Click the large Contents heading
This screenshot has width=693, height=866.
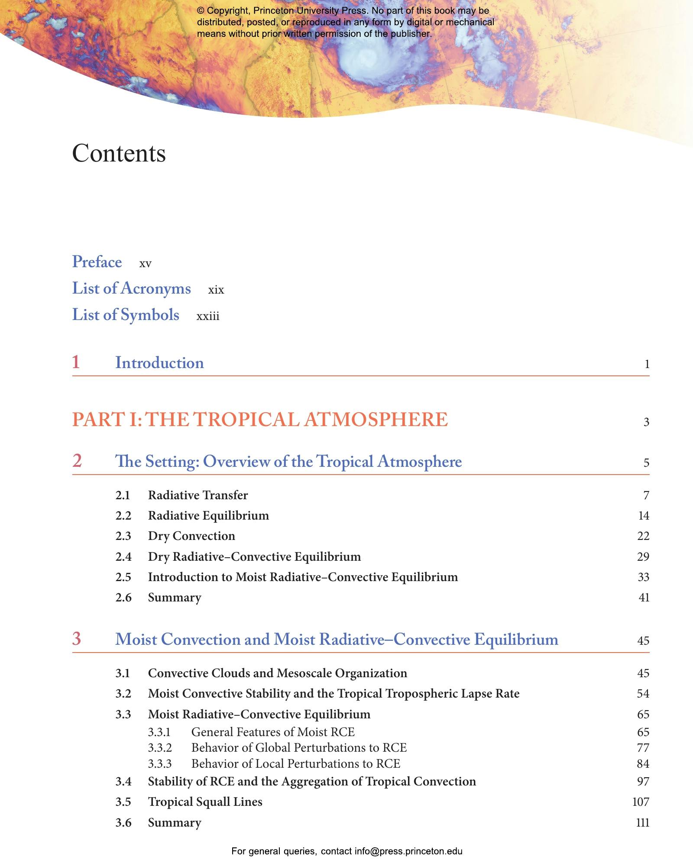(119, 153)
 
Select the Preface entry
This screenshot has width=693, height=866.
(97, 262)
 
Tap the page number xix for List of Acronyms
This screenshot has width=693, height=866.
(216, 290)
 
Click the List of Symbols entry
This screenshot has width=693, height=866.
(126, 315)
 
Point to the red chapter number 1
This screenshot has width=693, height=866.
(76, 362)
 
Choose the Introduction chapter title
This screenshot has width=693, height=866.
(159, 363)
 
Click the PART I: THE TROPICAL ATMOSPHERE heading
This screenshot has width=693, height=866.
(260, 420)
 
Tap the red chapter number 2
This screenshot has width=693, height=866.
(77, 461)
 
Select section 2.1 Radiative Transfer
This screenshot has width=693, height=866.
(198, 495)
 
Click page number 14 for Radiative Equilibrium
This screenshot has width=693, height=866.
(643, 516)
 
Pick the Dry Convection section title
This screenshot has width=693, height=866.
(191, 536)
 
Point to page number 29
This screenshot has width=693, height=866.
(643, 556)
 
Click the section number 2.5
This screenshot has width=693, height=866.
(123, 577)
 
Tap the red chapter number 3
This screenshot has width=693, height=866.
(77, 639)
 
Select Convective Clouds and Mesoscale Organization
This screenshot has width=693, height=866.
(277, 673)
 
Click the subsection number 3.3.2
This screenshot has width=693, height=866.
(160, 748)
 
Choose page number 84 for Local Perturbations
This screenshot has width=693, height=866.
(643, 764)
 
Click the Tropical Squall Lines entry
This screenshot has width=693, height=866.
(205, 802)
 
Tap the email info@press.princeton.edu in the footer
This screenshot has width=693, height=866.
(408, 851)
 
